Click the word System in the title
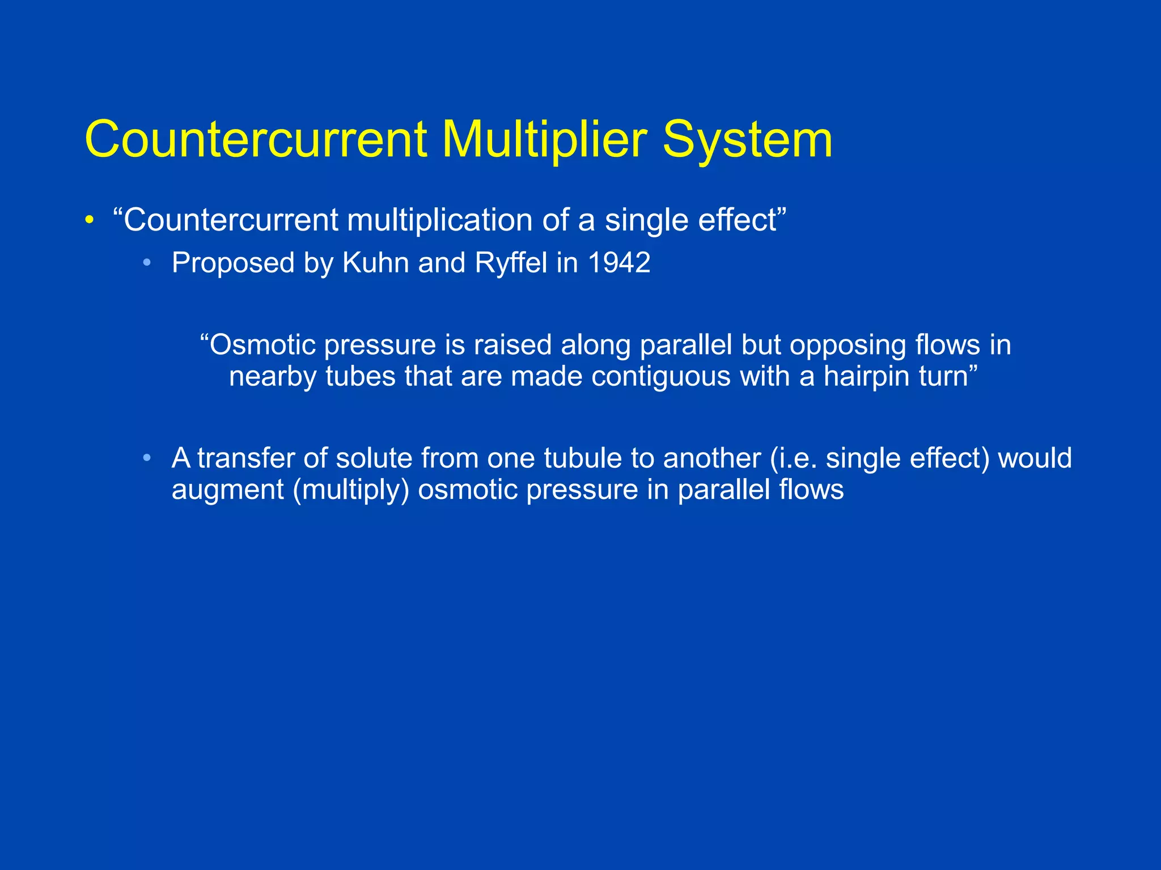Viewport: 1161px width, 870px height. pos(747,140)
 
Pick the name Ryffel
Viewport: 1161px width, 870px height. pos(511,263)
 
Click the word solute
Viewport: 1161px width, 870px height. pos(374,458)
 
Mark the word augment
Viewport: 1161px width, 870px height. pos(227,490)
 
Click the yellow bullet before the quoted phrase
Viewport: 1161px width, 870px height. pos(89,220)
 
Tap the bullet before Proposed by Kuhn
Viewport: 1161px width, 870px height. pos(147,263)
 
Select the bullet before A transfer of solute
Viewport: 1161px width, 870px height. pos(147,458)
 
